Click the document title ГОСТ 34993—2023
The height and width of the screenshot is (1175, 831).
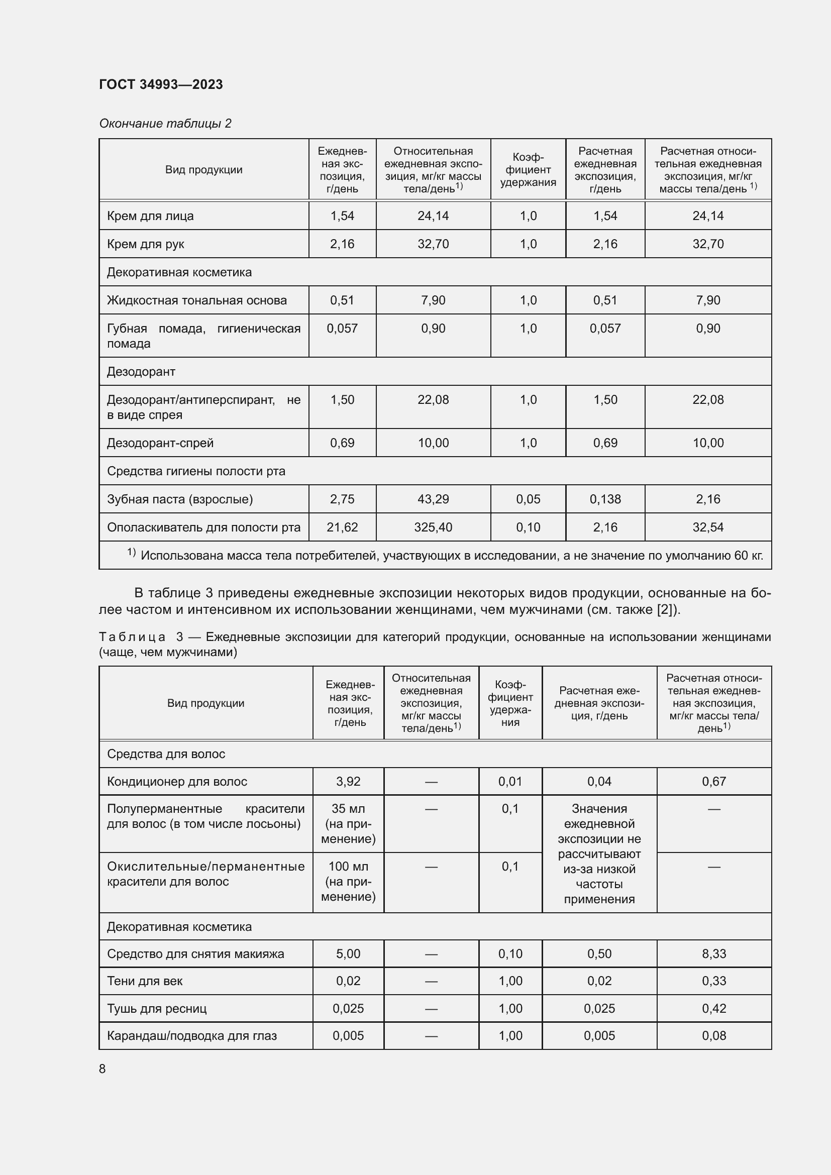161,84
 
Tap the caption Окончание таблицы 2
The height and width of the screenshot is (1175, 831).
165,124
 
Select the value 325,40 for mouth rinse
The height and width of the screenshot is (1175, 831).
433,527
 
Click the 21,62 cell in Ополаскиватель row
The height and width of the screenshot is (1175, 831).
342,527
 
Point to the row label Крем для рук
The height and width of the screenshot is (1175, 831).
145,244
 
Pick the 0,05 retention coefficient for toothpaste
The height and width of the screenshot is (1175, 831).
528,499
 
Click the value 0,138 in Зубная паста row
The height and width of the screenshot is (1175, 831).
605,499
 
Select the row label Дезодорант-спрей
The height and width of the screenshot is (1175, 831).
160,443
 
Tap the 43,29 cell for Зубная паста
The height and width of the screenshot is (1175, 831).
433,499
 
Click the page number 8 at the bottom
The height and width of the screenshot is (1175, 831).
102,1069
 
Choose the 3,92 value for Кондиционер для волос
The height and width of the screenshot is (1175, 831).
348,782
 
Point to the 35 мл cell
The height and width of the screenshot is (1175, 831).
348,823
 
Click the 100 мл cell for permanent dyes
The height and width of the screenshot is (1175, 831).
348,881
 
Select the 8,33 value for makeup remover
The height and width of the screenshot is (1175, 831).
714,953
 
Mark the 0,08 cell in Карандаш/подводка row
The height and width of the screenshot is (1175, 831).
714,1035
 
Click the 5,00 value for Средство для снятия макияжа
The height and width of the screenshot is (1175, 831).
348,953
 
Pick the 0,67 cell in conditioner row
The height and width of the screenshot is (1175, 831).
714,782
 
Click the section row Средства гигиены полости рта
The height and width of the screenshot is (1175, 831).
196,471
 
